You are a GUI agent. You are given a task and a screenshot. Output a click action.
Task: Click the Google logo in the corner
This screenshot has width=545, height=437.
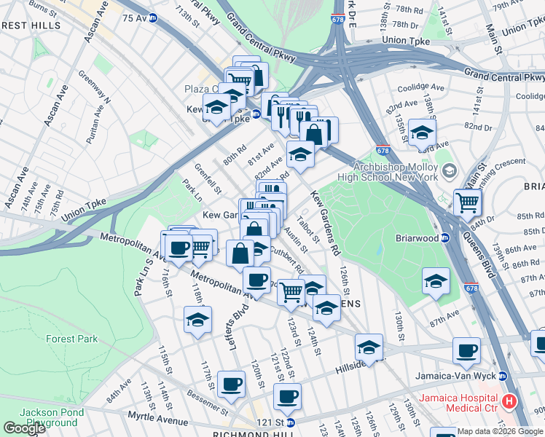coord(24,428)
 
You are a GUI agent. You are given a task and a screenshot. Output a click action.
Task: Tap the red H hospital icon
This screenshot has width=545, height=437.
coord(509,401)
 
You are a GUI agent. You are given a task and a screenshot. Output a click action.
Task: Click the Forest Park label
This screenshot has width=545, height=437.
coord(71,339)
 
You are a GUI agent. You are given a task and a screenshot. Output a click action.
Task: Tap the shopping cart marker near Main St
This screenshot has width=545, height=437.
coord(467,202)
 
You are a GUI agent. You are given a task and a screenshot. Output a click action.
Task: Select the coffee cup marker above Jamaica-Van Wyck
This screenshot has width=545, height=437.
coord(466,350)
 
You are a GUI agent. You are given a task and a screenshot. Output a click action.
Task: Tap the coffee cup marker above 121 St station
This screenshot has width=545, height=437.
coord(287,396)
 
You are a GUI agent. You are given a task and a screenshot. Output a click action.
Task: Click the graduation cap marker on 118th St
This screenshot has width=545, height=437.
coord(197,320)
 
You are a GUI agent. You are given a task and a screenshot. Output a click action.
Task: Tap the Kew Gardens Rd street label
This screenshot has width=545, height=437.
coord(325,224)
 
